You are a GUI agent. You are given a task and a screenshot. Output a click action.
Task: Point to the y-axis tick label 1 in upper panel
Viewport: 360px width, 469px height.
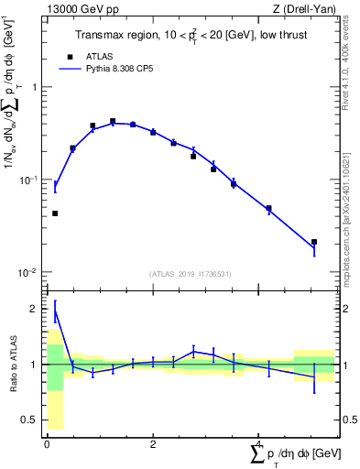click(35, 87)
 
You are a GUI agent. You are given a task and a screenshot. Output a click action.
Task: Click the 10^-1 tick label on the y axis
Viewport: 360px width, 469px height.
click(30, 180)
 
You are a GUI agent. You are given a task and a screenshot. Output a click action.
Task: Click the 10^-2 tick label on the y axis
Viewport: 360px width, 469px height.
click(30, 272)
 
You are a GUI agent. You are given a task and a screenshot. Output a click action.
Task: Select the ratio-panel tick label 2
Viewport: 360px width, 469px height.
click(35, 309)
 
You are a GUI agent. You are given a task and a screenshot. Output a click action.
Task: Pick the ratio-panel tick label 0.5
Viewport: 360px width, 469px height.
click(31, 420)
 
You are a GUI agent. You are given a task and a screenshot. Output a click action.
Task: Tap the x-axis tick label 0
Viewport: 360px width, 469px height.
click(47, 444)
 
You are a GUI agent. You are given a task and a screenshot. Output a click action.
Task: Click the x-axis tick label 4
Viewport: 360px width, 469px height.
click(259, 444)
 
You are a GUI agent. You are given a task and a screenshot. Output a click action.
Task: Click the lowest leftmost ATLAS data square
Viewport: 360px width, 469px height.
click(55, 213)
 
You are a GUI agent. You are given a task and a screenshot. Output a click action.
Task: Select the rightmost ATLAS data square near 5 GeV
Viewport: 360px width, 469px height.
click(314, 242)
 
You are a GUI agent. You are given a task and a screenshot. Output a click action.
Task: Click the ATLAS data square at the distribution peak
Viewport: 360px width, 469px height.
click(113, 121)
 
